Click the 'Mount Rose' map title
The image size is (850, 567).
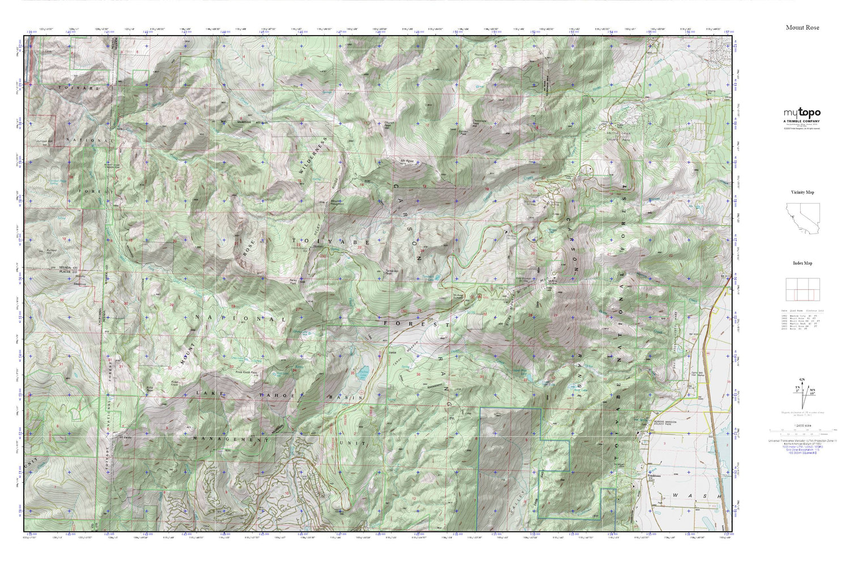click(x=802, y=27)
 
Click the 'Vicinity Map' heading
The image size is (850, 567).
click(x=802, y=192)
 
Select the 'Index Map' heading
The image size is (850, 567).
click(x=802, y=263)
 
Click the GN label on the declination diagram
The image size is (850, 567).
click(x=801, y=379)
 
